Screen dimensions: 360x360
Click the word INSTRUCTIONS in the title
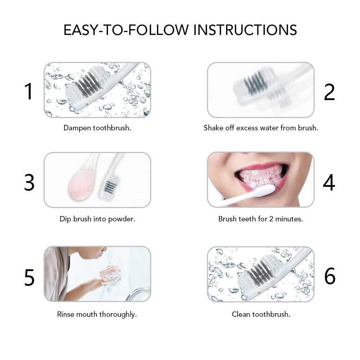(245, 30)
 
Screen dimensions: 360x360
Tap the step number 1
(29, 91)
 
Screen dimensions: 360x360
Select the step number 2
(329, 92)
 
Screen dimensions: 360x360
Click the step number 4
(329, 183)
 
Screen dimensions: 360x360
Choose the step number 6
(330, 276)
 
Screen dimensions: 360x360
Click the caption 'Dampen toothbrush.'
(97, 128)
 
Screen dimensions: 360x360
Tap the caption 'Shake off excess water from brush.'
(261, 128)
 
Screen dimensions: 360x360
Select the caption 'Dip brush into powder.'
(97, 219)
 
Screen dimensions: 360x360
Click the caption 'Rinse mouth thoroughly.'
(97, 314)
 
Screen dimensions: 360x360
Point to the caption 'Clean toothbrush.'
(261, 314)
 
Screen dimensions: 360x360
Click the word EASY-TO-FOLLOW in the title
(126, 30)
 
